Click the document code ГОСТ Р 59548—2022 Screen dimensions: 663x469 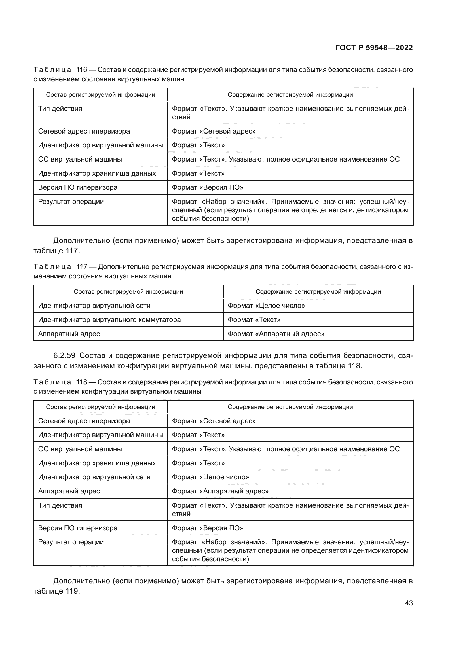point(374,48)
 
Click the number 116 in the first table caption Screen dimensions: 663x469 point(81,70)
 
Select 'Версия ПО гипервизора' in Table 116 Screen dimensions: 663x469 point(78,187)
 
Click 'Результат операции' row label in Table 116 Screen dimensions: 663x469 point(71,202)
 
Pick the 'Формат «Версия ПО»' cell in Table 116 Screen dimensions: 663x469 point(207,187)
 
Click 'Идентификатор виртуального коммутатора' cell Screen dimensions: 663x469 point(109,320)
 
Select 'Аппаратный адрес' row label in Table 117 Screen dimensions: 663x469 point(69,334)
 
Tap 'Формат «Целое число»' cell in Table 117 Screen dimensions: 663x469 point(266,306)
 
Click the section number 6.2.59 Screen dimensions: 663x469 point(64,355)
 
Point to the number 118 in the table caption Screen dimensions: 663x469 point(81,382)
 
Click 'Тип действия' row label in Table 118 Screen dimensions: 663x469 point(60,505)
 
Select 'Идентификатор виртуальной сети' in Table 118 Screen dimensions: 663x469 point(94,477)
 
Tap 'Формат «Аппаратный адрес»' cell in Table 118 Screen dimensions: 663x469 point(220,491)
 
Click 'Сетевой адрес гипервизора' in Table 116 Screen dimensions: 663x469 point(84,132)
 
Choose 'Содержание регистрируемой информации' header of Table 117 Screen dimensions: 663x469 point(318,292)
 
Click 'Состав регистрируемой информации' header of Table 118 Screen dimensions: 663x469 point(100,407)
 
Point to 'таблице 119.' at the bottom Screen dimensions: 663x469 point(56,591)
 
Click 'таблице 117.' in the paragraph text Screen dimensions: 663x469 point(56,251)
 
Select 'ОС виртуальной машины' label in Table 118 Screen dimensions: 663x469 point(80,449)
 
